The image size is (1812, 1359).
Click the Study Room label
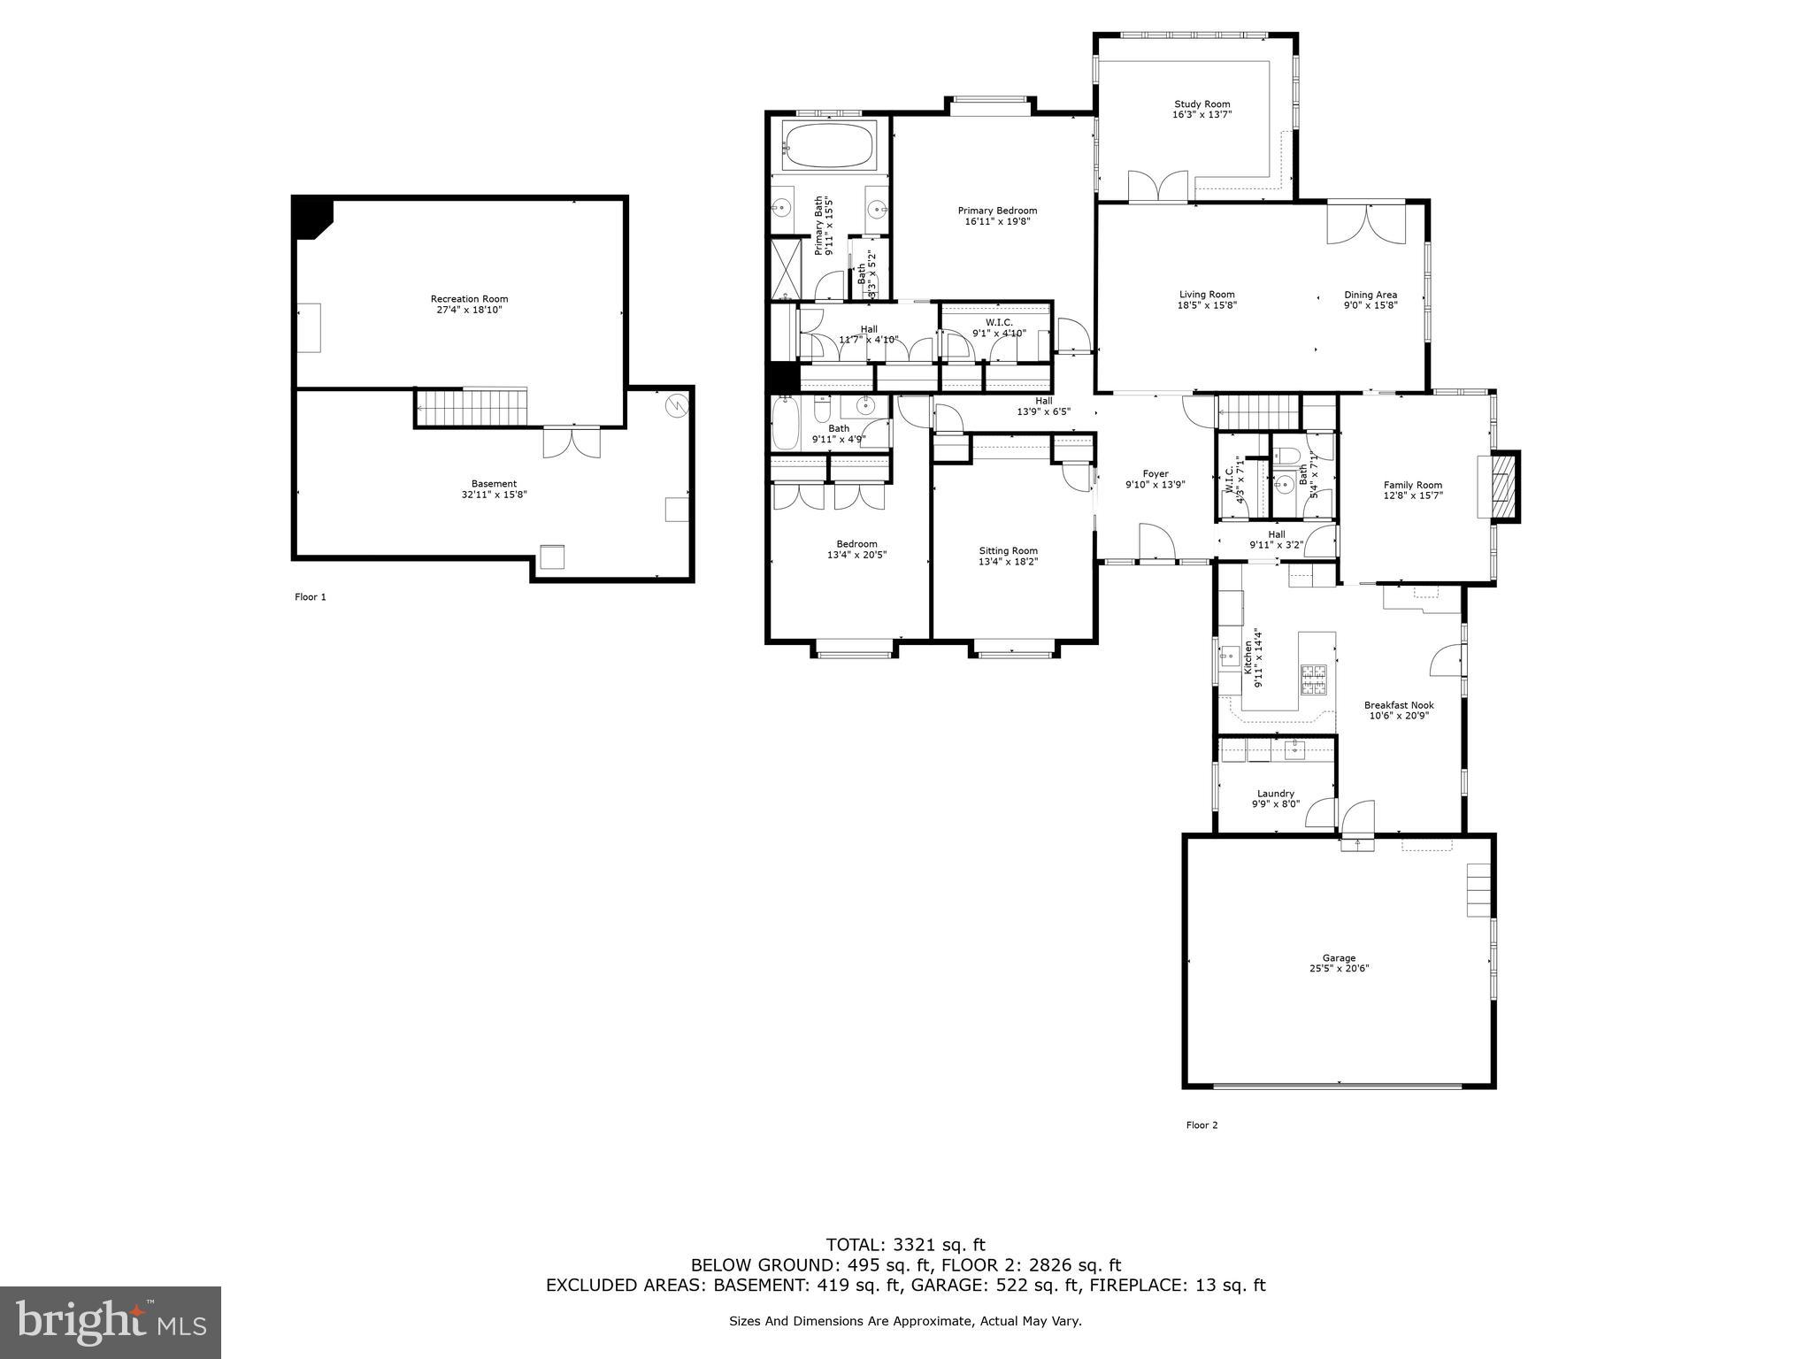[1202, 104]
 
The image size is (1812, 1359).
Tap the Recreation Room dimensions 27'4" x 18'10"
[469, 311]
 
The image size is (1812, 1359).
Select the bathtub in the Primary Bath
[829, 146]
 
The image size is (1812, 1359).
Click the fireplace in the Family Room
[1502, 485]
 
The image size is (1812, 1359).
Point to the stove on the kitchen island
[1314, 679]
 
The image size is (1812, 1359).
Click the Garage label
[1339, 958]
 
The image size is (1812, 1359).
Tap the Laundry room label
[1275, 794]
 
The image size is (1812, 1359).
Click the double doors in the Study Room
[1157, 187]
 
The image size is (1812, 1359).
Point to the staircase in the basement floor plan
[472, 407]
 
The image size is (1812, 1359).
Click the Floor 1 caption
[311, 597]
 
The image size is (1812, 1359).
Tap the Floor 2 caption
[1202, 1125]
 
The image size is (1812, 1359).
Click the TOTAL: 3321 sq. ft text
[905, 1246]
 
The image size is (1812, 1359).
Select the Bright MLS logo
[111, 1322]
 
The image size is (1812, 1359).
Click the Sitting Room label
[1008, 550]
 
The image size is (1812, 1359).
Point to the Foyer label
[1155, 474]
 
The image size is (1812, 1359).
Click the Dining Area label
[1371, 295]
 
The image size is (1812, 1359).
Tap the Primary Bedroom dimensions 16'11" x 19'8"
[997, 221]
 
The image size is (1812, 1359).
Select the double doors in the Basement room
[572, 442]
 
